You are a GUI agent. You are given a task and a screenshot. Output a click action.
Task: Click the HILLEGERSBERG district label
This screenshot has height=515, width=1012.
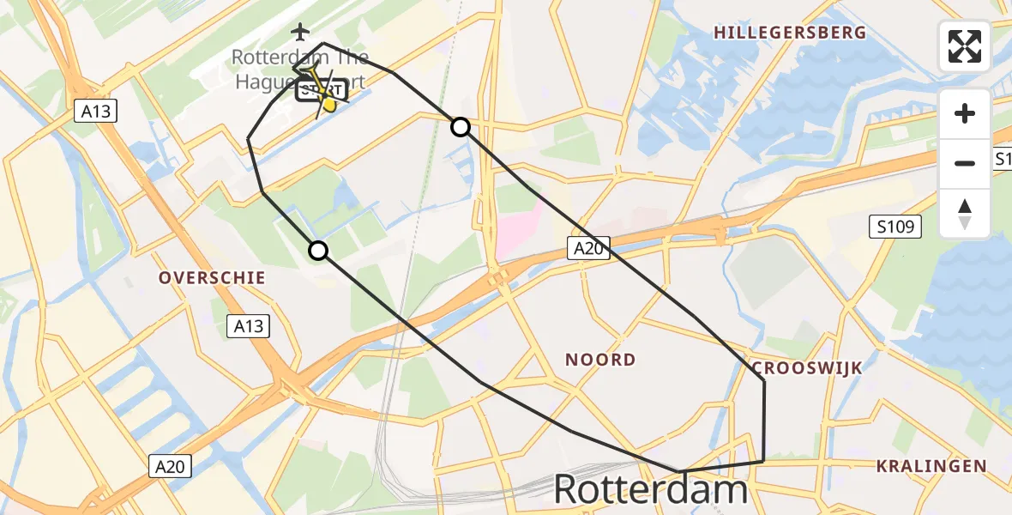tap(790, 33)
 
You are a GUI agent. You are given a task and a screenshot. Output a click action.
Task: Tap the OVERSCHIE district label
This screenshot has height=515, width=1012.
tap(212, 278)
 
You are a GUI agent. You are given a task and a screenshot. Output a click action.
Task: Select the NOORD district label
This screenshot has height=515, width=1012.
tap(600, 360)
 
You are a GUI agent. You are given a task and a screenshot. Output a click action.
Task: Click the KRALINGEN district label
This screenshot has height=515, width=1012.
tap(931, 466)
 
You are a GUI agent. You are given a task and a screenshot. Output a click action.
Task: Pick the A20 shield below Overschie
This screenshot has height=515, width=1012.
tap(169, 466)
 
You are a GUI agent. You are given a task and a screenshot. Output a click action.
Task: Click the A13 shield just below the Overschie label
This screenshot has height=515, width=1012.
tap(248, 325)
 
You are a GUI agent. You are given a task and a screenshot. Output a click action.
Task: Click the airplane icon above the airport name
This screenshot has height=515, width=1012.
tap(300, 33)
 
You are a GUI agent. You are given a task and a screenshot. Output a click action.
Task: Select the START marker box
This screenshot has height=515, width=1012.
tap(322, 90)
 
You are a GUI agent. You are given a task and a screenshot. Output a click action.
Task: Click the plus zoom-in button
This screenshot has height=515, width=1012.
tap(965, 114)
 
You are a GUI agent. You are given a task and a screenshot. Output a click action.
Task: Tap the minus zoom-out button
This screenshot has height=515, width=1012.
tap(965, 163)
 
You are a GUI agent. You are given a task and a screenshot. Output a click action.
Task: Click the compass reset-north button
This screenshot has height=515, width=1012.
tap(965, 214)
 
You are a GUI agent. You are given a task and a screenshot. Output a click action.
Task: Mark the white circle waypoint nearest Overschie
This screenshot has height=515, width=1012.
tap(318, 251)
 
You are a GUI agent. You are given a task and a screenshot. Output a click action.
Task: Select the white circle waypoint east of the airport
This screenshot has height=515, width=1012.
tap(461, 127)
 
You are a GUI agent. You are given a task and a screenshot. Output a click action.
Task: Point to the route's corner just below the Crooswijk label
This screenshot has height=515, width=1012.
tap(763, 380)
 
